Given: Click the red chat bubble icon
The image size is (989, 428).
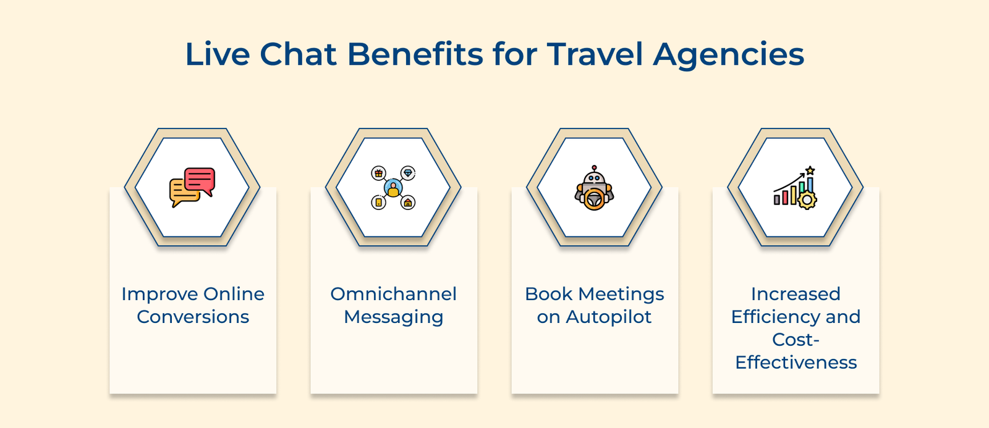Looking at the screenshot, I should click(x=200, y=180).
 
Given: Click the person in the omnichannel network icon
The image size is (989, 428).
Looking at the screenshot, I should click(x=393, y=188).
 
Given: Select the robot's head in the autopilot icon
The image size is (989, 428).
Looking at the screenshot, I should click(x=594, y=178).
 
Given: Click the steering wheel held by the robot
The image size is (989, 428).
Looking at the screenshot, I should click(x=595, y=200).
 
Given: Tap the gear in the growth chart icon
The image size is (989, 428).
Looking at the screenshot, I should click(x=807, y=199).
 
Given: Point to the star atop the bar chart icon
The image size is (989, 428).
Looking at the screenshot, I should click(x=810, y=170).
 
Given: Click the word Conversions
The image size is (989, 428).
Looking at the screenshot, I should click(x=193, y=317).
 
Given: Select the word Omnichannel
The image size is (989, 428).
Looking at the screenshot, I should click(x=394, y=294).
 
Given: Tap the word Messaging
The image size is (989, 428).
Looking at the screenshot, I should click(x=394, y=317).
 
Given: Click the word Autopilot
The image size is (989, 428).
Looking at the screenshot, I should click(x=608, y=317).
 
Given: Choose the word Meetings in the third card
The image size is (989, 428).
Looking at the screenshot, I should click(x=621, y=294).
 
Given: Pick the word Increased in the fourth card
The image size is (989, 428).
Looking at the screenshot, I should click(x=796, y=294).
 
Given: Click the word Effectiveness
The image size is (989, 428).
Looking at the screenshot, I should click(x=796, y=363).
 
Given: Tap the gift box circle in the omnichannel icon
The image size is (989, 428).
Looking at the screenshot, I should click(x=378, y=174).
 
